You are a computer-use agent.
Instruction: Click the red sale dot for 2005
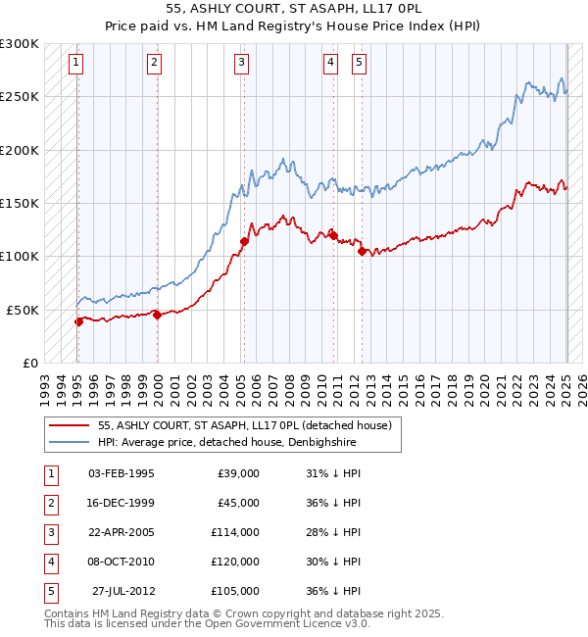click(244, 240)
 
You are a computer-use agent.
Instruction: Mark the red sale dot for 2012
click(363, 251)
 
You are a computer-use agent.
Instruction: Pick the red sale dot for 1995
click(78, 320)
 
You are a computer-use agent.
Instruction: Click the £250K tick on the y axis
click(20, 97)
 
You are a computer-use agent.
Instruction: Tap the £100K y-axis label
click(20, 256)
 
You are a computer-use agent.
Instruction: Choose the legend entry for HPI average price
click(226, 442)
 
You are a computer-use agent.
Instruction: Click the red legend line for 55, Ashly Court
click(70, 425)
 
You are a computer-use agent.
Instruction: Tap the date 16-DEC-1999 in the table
click(121, 503)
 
